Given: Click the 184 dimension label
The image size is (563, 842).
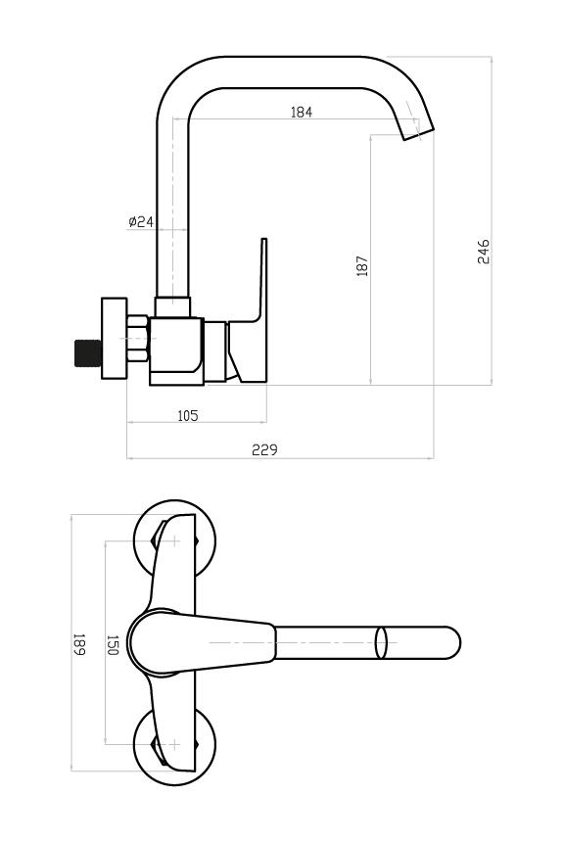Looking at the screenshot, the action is [301, 112].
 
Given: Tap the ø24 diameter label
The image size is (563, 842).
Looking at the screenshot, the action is [141, 221].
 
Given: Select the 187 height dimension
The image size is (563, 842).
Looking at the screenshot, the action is [362, 265].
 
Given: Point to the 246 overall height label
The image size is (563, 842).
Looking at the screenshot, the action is [484, 252].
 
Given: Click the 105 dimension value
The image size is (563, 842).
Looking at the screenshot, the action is [187, 416].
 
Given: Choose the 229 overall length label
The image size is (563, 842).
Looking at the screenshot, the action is [264, 450].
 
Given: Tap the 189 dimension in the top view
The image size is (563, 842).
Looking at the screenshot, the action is [79, 644].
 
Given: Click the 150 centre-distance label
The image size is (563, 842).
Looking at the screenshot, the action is [113, 644].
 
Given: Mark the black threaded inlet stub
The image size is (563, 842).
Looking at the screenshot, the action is [87, 353].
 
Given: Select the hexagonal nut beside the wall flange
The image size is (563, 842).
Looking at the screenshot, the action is [138, 339].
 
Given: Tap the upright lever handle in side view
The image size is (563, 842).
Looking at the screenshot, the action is [250, 310].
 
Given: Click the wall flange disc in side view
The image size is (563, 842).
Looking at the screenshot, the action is [115, 339].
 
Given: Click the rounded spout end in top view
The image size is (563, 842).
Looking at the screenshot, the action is [451, 643].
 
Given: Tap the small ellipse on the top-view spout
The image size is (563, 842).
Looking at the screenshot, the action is [381, 643].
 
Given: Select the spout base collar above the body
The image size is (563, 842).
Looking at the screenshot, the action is [173, 306].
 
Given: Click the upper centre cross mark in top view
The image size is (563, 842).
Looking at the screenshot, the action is [174, 540].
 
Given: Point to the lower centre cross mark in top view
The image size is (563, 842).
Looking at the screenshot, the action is [174, 744].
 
